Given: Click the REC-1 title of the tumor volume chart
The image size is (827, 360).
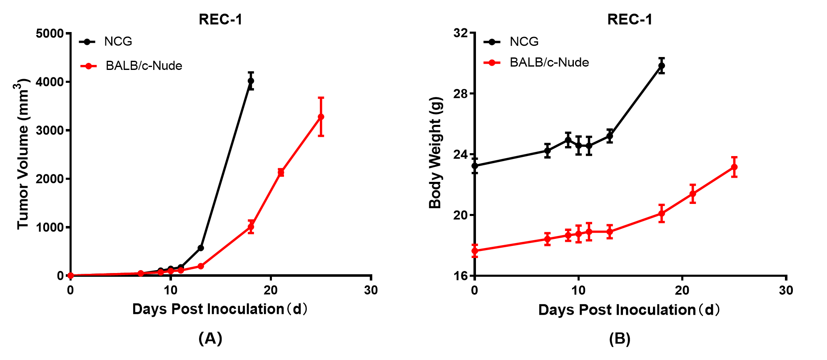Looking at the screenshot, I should [x=220, y=20].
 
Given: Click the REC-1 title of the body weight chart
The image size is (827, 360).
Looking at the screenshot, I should [x=630, y=20].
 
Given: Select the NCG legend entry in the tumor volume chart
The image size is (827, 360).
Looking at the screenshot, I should [x=118, y=42].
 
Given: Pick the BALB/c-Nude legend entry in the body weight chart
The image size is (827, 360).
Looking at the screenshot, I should [x=549, y=62].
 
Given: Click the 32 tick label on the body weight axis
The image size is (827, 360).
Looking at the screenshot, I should [x=461, y=33].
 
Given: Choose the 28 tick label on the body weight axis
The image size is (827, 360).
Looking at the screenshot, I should [x=461, y=94].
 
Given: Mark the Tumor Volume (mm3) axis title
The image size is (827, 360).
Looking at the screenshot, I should [x=23, y=154].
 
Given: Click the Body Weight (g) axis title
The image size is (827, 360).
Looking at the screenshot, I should [x=435, y=153].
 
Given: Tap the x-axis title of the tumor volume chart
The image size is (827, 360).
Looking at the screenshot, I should [x=220, y=309].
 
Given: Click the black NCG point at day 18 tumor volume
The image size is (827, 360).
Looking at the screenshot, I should [x=251, y=81].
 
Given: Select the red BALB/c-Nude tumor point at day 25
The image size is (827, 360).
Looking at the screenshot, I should [x=321, y=117].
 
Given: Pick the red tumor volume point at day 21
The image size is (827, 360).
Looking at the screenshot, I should [x=281, y=172].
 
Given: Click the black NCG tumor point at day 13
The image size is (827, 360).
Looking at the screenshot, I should [x=201, y=248].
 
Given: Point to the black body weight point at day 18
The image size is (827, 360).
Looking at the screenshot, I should [x=662, y=66].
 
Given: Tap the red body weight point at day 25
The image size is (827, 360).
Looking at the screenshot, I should [x=734, y=167].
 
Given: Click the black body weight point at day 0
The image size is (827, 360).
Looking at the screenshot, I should [x=475, y=166].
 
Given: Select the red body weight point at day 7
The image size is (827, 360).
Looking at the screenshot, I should [x=548, y=239].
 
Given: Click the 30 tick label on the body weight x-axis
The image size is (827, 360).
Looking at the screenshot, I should [x=786, y=290].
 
